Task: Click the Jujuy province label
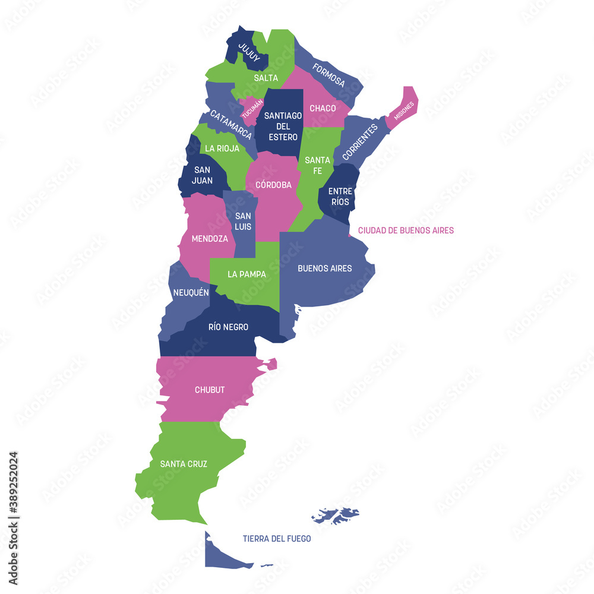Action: click(x=248, y=52)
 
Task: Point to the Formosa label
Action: click(x=329, y=75)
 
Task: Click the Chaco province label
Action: click(x=323, y=108)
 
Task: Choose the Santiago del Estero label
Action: click(x=283, y=126)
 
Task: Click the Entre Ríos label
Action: click(x=340, y=196)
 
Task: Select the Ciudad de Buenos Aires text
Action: click(x=406, y=230)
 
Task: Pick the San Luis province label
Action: click(x=243, y=221)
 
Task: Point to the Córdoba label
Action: click(x=273, y=185)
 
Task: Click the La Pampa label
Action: click(x=247, y=274)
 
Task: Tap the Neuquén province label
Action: click(x=191, y=292)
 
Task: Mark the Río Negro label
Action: click(x=228, y=327)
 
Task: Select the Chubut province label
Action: click(x=210, y=390)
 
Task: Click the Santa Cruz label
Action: click(x=184, y=464)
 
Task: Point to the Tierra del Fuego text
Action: click(x=277, y=539)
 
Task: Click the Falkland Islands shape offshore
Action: click(x=336, y=514)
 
